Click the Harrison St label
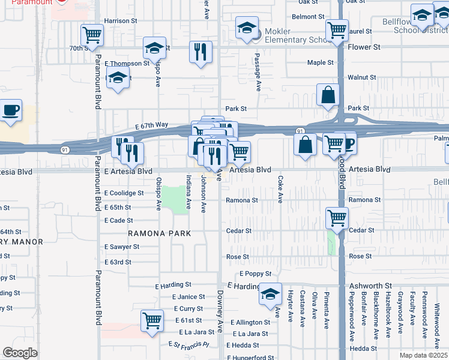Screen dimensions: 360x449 coord(120,20)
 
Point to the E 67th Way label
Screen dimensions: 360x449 coord(151,125)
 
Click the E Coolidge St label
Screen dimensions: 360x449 coord(124,193)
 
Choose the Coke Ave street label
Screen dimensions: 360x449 coord(280,190)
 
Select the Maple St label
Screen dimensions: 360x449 coord(320,62)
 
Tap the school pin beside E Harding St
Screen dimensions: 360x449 coord(270,293)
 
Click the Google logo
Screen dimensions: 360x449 coord(20,352)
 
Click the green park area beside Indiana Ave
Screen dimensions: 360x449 coord(175,199)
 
